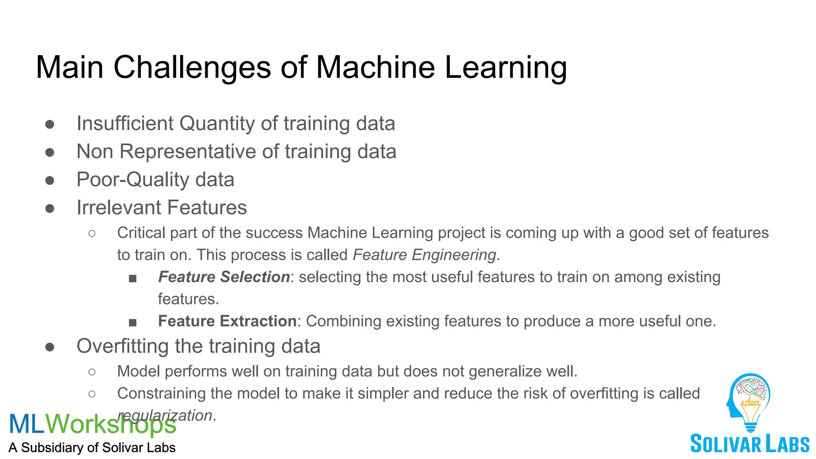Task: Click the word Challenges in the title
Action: click(192, 68)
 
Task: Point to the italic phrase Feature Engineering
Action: click(424, 255)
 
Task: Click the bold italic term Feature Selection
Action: click(224, 277)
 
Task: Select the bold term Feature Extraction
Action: click(227, 321)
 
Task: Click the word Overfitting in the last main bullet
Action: click(123, 346)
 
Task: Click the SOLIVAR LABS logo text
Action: click(749, 444)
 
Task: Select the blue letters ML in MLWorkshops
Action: click(26, 424)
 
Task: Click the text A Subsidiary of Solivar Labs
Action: click(92, 448)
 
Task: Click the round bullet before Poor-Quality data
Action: click(50, 180)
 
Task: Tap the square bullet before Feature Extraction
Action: click(133, 322)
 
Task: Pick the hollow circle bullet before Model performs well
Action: click(92, 372)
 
